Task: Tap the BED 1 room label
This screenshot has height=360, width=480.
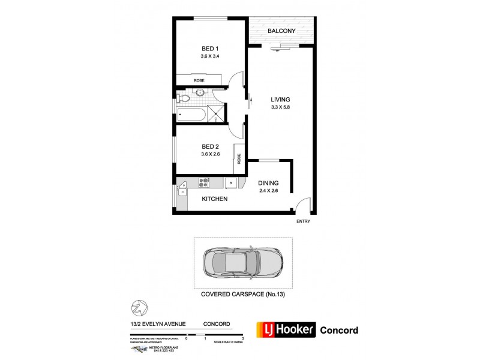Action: pyautogui.click(x=209, y=49)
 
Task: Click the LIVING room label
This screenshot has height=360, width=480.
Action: pyautogui.click(x=280, y=100)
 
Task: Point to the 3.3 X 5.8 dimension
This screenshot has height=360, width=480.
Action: pyautogui.click(x=280, y=107)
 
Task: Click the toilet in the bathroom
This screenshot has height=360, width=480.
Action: pyautogui.click(x=185, y=96)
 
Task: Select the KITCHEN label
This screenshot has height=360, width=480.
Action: pyautogui.click(x=214, y=199)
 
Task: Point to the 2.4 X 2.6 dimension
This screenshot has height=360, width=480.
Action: pyautogui.click(x=268, y=191)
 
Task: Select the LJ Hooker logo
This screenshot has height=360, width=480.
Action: pyautogui.click(x=284, y=330)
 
